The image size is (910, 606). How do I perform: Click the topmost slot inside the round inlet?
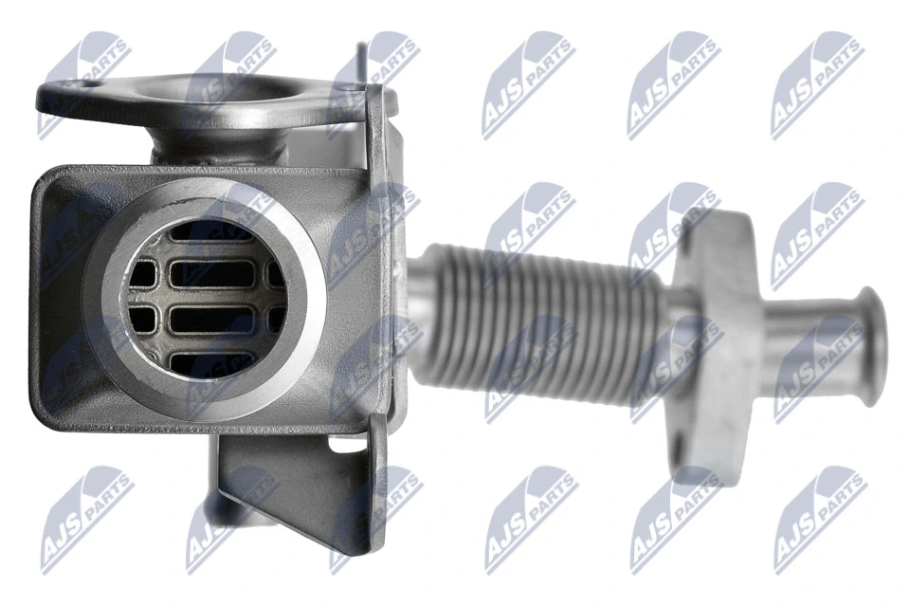[x=211, y=232]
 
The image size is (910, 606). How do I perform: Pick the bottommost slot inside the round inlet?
[x=211, y=363]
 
